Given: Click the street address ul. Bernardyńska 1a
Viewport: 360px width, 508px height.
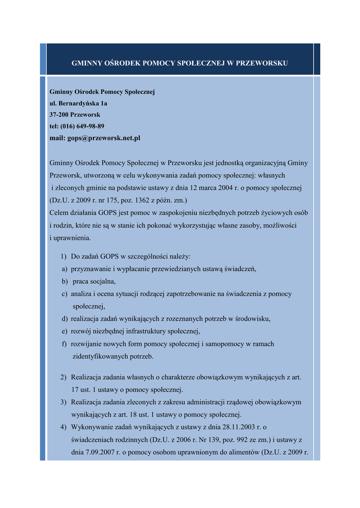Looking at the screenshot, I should coord(78,104).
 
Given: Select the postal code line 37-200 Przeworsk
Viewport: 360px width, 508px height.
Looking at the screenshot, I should coord(75,115).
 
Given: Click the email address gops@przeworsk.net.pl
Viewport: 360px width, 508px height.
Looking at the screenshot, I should coord(104,138).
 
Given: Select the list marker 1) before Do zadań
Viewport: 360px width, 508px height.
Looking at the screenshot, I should coord(64,256).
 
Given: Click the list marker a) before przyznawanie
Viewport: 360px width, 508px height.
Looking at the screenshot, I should coord(65,269).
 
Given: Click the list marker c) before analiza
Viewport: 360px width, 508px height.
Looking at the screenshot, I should coord(65,294).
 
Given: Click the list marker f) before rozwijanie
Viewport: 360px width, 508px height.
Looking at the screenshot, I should coord(65,343).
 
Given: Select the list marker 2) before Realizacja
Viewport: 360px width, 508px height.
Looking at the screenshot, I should coord(64,377).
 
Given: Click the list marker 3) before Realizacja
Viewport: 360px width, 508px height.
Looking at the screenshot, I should coord(64,402).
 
